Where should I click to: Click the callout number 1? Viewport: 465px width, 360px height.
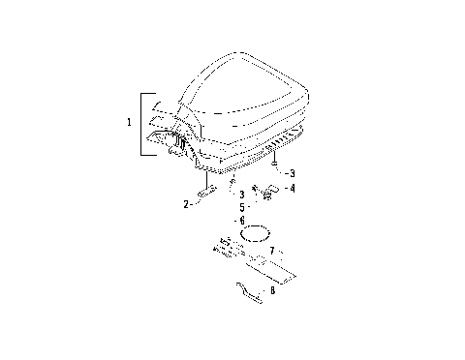point(130,123)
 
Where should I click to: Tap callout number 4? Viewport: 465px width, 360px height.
point(293,189)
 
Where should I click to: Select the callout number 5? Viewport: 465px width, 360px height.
point(242,207)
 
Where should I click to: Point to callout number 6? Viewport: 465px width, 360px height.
point(242,221)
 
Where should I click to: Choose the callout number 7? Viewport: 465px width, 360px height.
point(273,251)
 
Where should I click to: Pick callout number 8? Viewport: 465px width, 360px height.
point(272,289)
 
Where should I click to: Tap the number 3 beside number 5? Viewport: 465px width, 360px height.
point(241,195)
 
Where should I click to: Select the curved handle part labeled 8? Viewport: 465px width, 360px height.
point(250,291)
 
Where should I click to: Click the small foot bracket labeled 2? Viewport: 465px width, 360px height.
point(207,192)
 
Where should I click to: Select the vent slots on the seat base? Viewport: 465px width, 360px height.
point(288,138)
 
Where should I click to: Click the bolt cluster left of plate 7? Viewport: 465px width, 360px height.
point(226,248)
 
